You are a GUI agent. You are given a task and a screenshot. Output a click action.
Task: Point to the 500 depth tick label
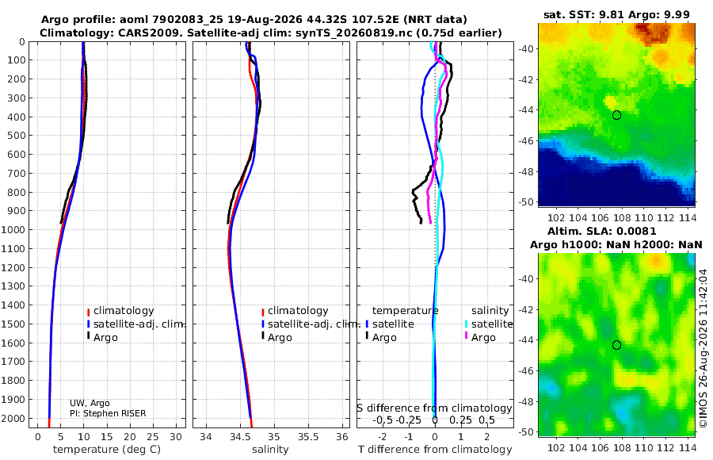tap(17, 136)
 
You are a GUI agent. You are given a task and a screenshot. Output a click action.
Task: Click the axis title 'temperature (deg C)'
tap(107, 450)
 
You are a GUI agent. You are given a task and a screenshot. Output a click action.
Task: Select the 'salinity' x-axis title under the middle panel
tap(270, 450)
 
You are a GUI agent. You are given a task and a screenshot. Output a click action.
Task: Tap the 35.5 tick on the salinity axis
tap(308, 437)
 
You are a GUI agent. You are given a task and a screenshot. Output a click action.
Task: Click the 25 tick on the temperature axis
tap(153, 437)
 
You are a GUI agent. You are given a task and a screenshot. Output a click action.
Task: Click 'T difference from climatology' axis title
tap(435, 450)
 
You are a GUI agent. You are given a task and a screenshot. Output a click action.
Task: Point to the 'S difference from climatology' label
tap(434, 408)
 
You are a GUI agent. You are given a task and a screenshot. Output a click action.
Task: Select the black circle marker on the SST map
tap(616, 115)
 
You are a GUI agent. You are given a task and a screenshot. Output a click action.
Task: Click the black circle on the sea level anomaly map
tap(616, 345)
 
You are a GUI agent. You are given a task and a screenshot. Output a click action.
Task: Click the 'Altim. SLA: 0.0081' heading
tap(601, 231)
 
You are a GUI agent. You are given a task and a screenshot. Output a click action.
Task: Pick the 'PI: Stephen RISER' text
tap(108, 413)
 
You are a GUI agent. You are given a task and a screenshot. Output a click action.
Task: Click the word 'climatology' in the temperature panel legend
tap(124, 311)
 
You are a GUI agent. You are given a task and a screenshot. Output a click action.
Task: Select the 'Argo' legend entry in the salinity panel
tap(280, 338)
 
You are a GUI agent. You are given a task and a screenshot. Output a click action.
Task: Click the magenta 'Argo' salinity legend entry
tap(483, 338)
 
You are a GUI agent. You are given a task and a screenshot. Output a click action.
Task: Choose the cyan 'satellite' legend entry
tap(492, 324)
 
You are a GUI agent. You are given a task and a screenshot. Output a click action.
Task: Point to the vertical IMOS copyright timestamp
tap(703, 348)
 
